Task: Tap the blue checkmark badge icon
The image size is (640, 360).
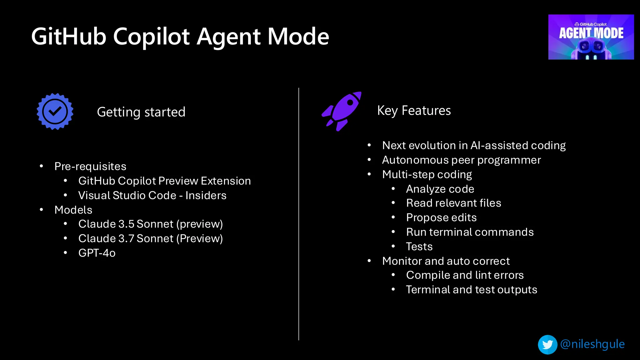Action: tap(55, 112)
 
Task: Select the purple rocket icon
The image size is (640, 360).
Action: tap(342, 111)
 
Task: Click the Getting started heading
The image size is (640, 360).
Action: tap(141, 112)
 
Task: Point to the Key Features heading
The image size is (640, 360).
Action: tap(414, 111)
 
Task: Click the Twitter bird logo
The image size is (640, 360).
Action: tap(547, 345)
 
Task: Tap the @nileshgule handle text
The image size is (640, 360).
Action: tap(592, 344)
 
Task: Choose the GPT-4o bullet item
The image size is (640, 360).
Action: tap(97, 253)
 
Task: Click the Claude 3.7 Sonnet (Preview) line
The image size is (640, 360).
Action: tap(150, 238)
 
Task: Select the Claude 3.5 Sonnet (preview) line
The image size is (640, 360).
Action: tap(150, 224)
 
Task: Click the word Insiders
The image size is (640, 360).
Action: tap(206, 195)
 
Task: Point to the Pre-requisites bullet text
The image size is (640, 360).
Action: tap(90, 166)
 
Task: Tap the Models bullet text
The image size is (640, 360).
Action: tap(73, 210)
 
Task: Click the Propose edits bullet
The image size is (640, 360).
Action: tap(441, 217)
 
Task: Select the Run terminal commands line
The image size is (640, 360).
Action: tap(470, 232)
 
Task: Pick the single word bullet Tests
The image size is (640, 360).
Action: tap(419, 247)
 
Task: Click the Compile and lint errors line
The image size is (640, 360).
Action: tap(465, 275)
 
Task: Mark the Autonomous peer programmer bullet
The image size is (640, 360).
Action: tap(461, 160)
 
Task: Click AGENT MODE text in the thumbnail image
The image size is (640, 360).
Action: tap(591, 33)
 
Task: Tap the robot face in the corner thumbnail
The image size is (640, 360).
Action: tap(591, 48)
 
